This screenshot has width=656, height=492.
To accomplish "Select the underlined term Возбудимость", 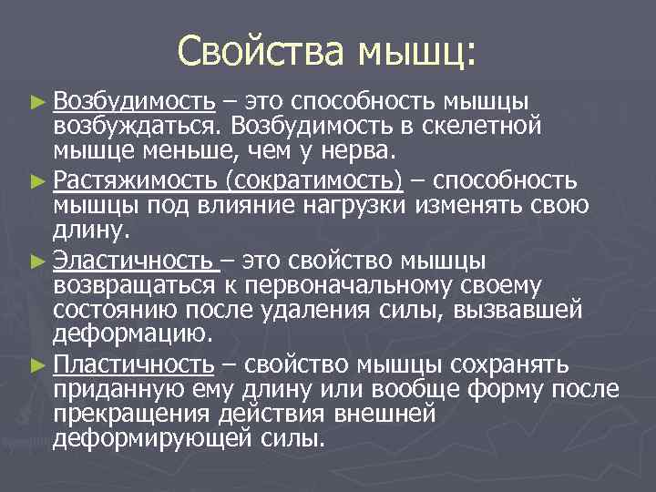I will pyautogui.click(x=133, y=98).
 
